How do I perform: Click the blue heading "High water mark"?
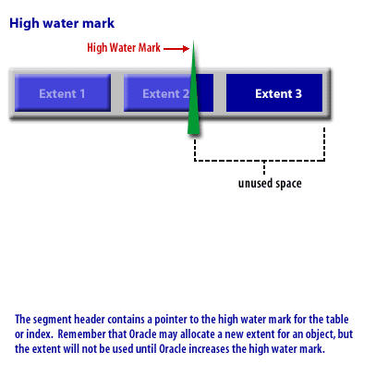pyautogui.click(x=62, y=24)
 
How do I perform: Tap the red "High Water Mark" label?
pyautogui.click(x=124, y=48)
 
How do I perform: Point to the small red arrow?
pyautogui.click(x=176, y=49)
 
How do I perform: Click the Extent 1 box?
pyautogui.click(x=63, y=92)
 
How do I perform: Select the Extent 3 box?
pyautogui.click(x=274, y=92)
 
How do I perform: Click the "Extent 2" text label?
pyautogui.click(x=165, y=93)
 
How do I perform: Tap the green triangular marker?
pyautogui.click(x=193, y=90)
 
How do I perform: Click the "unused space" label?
pyautogui.click(x=270, y=183)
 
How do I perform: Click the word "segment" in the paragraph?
pyautogui.click(x=53, y=320)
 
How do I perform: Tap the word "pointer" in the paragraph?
pyautogui.click(x=171, y=320)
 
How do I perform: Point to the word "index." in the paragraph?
pyautogui.click(x=40, y=334)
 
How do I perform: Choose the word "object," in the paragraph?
pyautogui.click(x=314, y=334)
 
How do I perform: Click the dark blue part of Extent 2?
pyautogui.click(x=206, y=92)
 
